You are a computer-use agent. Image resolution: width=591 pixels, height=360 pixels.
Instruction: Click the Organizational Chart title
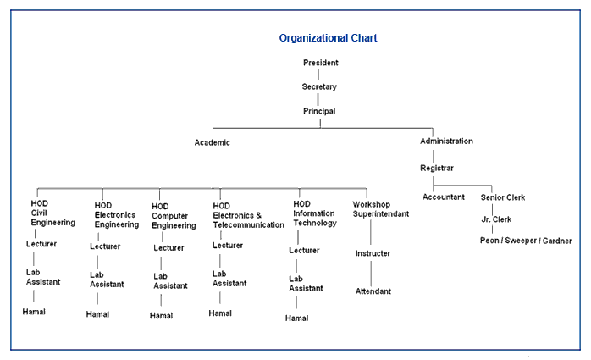[329, 38]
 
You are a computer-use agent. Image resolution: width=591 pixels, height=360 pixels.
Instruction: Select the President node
[321, 63]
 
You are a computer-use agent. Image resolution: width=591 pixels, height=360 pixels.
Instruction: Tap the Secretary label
[319, 86]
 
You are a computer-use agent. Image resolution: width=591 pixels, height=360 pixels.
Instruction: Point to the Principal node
[319, 111]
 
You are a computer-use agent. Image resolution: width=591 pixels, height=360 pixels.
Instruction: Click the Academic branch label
[212, 142]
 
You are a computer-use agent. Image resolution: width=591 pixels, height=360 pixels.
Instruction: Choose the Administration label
[446, 141]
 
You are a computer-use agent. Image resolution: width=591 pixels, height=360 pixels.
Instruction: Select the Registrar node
[437, 168]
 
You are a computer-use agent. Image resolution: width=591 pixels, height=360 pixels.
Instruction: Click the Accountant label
[444, 197]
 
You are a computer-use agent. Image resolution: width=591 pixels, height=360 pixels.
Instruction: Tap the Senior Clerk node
[503, 197]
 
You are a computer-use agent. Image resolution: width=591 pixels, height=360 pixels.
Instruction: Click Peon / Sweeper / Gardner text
[526, 241]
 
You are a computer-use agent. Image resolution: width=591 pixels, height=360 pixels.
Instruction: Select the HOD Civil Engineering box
[53, 213]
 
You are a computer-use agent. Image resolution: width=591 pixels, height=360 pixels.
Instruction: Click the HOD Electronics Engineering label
[116, 214]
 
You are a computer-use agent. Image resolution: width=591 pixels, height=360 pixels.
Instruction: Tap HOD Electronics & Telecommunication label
[248, 215]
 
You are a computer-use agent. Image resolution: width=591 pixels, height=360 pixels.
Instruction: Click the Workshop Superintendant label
[381, 209]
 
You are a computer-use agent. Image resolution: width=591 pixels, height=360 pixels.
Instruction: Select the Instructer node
[373, 253]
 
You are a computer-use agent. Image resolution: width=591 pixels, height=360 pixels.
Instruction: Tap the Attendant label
[373, 291]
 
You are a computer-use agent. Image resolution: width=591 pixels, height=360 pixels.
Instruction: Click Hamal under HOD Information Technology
[296, 318]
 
